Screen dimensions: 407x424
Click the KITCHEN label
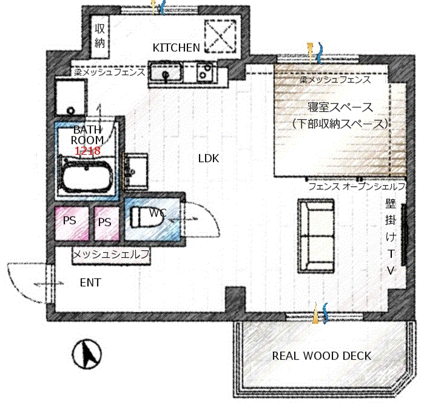click(x=176, y=47)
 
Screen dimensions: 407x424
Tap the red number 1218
click(x=87, y=150)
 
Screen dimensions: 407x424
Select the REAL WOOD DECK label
click(x=321, y=355)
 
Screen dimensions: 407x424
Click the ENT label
click(x=90, y=283)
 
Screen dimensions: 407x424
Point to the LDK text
click(x=208, y=159)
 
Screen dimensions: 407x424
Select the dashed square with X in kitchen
click(x=219, y=35)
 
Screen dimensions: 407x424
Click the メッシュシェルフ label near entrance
click(x=111, y=256)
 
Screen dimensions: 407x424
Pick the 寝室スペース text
click(x=340, y=107)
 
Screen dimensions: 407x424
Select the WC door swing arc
click(x=203, y=218)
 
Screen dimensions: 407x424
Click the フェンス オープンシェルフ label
click(x=357, y=187)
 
